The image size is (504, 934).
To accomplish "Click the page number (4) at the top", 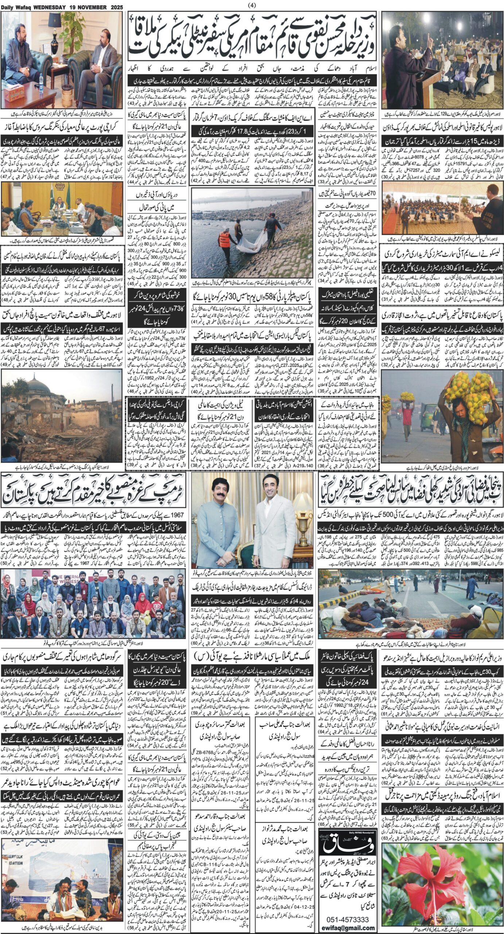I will point(252,5).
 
